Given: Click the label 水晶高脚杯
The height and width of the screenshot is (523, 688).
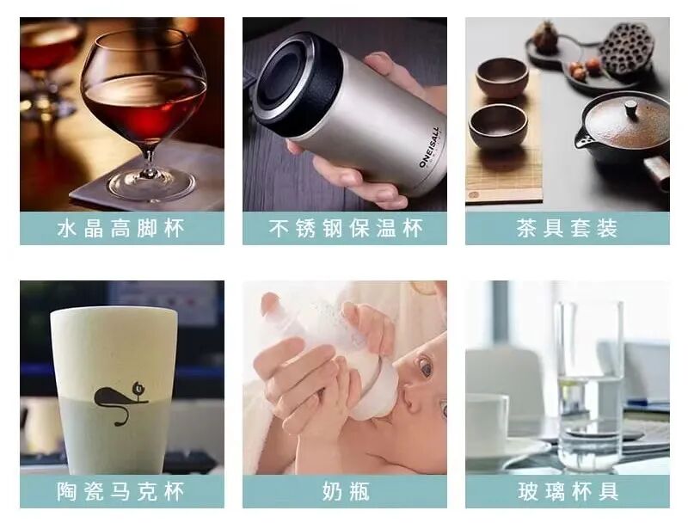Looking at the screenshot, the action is tap(121, 229).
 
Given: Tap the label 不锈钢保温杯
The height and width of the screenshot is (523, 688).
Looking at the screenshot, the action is tap(346, 229).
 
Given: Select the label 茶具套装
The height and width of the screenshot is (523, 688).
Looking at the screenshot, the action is tap(568, 229).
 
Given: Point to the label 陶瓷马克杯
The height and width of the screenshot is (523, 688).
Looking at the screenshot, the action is tap(121, 491).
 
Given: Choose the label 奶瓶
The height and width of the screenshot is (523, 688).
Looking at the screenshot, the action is tap(346, 491).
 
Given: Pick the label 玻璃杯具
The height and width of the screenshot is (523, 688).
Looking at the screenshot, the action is tap(568, 491).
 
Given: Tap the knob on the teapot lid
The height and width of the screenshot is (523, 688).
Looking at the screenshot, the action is tap(631, 107).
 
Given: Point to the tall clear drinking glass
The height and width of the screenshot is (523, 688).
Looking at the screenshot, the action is tap(589, 386).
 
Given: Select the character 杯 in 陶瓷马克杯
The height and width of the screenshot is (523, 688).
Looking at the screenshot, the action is tap(175, 491).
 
